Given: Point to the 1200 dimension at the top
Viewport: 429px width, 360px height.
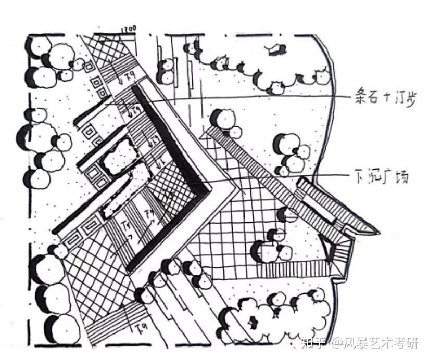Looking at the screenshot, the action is point(128,30).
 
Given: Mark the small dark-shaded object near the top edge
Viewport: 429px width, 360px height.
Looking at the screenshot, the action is point(276,49).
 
